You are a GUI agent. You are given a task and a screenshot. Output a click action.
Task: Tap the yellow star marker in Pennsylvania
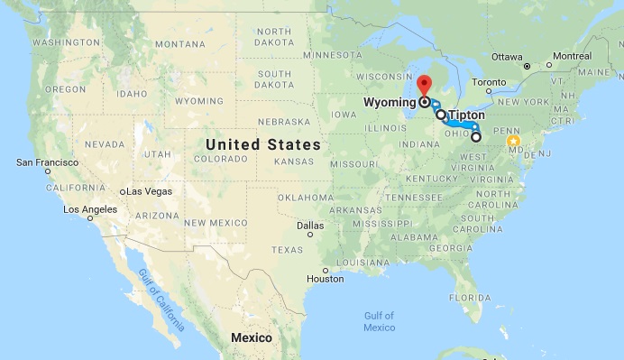pyautogui.click(x=514, y=141)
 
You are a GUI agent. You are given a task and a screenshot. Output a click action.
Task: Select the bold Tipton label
pyautogui.click(x=467, y=115)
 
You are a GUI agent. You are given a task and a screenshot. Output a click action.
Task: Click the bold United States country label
pyautogui.click(x=262, y=144)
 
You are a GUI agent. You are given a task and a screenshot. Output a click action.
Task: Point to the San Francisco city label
pyautogui.click(x=48, y=162)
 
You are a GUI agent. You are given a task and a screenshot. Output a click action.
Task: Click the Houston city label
pyautogui.click(x=326, y=278)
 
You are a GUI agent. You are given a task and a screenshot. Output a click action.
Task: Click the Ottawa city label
pyautogui.click(x=507, y=56)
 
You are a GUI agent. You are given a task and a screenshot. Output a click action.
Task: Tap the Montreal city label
pyautogui.click(x=572, y=56)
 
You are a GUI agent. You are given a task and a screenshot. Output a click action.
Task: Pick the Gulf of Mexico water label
pyautogui.click(x=380, y=320)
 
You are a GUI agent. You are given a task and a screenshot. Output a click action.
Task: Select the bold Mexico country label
pyautogui.click(x=252, y=337)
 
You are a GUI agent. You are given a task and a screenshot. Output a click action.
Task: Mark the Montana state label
pyautogui.click(x=179, y=44)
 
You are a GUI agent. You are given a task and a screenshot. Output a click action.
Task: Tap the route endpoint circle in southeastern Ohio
pyautogui.click(x=475, y=137)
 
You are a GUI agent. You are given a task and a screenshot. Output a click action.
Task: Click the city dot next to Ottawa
pyautogui.click(x=527, y=66)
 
